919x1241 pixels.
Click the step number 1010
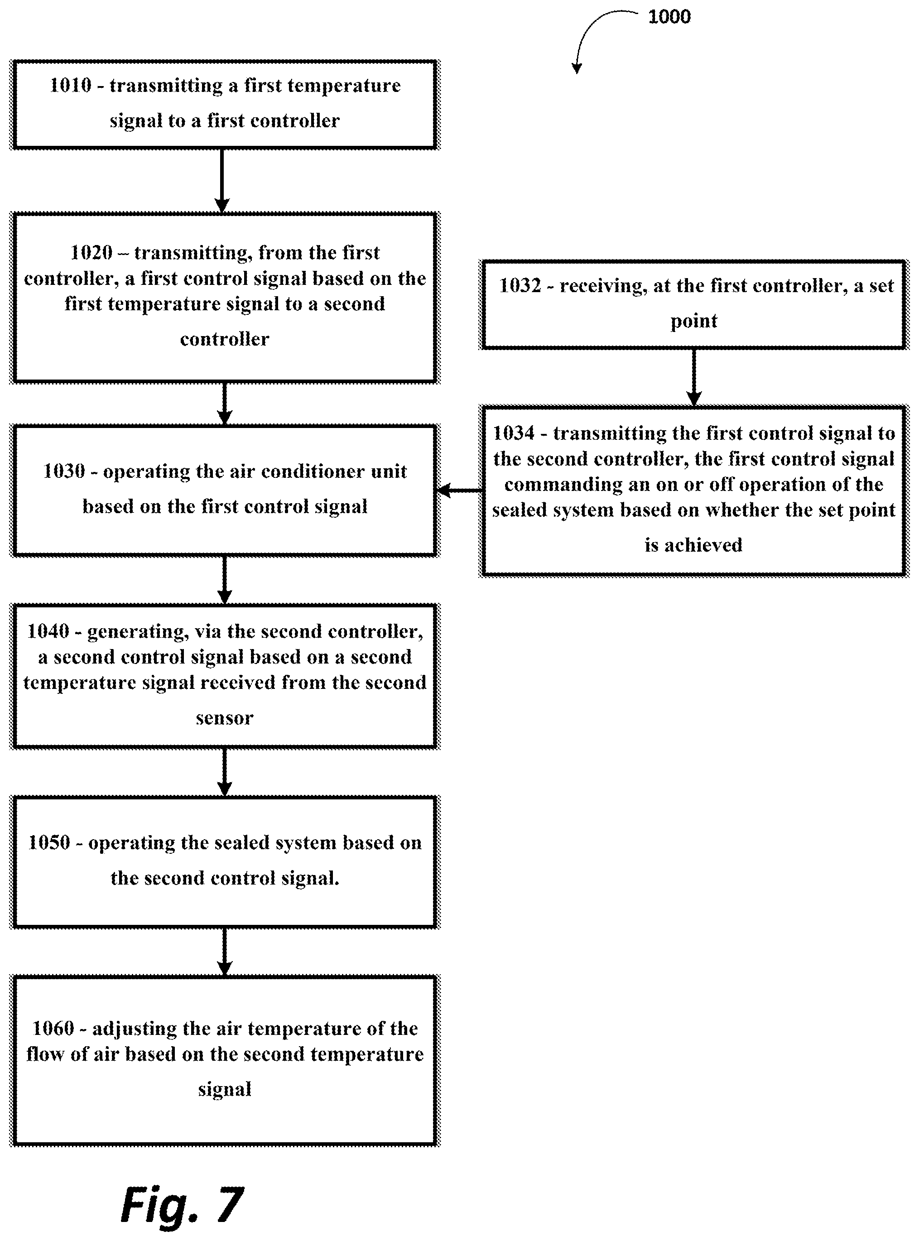pyautogui.click(x=71, y=85)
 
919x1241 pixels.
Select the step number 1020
pyautogui.click(x=91, y=253)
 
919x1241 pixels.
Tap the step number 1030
pyautogui.click(x=64, y=471)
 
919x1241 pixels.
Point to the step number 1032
pyautogui.click(x=520, y=285)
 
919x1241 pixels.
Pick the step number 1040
pyautogui.click(x=48, y=631)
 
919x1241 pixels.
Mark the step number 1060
pyautogui.click(x=53, y=1028)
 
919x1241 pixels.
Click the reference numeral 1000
pyautogui.click(x=669, y=17)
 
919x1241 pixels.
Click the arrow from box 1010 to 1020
pyautogui.click(x=222, y=181)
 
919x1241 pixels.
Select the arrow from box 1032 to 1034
pyautogui.click(x=694, y=378)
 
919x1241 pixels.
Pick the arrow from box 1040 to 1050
pyautogui.click(x=224, y=773)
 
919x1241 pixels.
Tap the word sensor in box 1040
pyautogui.click(x=224, y=718)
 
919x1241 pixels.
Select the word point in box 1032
pyautogui.click(x=694, y=321)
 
